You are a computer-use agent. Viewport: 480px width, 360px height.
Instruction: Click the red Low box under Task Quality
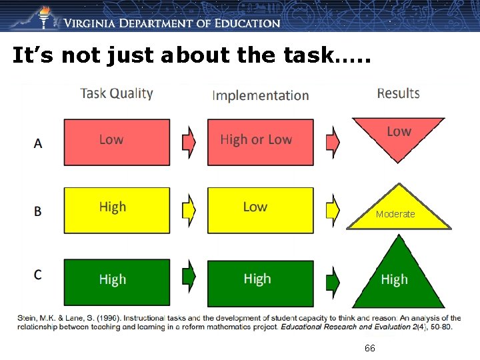117,141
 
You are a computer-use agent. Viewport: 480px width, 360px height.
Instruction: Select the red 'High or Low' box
260,141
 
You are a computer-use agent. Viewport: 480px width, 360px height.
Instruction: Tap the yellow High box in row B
117,210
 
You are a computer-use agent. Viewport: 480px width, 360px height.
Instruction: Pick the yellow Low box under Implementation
260,210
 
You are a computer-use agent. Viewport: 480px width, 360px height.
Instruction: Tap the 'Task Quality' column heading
117,93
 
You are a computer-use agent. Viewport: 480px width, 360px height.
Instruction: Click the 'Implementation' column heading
260,95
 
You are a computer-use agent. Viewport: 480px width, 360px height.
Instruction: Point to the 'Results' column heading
398,93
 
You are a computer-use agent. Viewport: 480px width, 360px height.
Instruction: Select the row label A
38,143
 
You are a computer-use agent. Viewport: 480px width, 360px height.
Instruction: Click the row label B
38,211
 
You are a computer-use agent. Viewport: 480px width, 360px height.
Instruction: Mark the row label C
38,275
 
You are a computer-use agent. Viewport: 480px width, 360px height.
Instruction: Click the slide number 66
370,349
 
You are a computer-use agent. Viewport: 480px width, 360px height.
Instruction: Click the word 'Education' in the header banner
247,23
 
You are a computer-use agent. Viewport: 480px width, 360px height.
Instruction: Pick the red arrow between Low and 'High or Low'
189,141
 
